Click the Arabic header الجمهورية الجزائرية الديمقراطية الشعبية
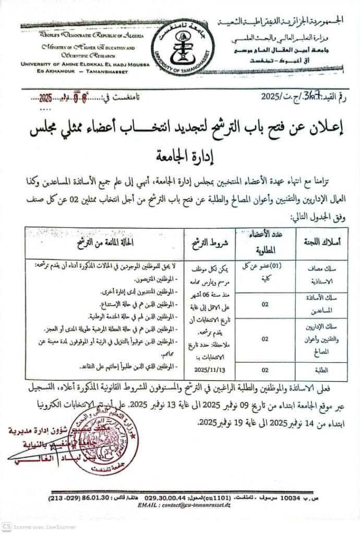pos(283,20)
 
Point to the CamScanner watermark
pos(27,527)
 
